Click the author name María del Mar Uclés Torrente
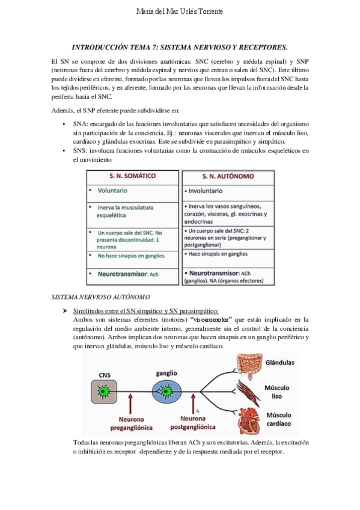(180, 11)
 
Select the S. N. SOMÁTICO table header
(133, 176)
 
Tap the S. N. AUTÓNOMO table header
(228, 176)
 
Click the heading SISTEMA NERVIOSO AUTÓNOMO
(101, 297)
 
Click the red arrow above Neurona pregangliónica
(130, 404)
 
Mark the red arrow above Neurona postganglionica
(194, 404)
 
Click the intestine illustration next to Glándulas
(249, 365)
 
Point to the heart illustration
(249, 422)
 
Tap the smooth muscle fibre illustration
(248, 393)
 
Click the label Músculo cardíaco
(279, 420)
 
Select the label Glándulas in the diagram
(279, 363)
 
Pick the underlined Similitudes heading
(146, 312)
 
